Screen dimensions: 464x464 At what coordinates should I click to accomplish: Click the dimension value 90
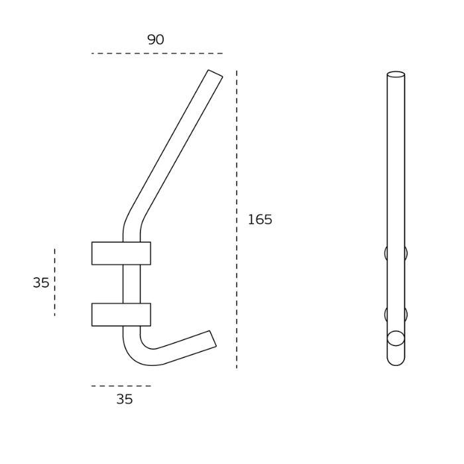(155, 40)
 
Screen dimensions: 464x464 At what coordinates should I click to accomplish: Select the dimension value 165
(260, 219)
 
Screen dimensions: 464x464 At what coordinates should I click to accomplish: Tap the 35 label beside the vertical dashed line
(40, 282)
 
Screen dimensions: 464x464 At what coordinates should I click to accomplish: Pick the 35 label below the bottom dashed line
(125, 399)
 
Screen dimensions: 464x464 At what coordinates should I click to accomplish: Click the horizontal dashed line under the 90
(157, 53)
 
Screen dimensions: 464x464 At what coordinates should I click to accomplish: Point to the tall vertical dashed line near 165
(237, 219)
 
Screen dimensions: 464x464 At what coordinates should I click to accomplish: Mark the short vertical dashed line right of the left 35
(54, 282)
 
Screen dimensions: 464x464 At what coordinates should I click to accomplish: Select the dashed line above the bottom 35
(121, 386)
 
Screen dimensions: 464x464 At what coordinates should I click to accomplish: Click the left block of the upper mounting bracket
(107, 253)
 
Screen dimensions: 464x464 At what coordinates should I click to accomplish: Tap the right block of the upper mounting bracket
(146, 253)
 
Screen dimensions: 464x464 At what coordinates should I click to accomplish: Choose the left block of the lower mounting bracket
(107, 314)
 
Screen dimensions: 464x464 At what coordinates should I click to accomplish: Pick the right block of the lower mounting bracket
(146, 314)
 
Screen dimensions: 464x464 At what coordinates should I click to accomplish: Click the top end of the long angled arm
(215, 74)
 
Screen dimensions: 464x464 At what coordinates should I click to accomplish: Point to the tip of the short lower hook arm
(212, 339)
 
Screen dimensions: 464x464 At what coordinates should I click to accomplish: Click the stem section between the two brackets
(132, 284)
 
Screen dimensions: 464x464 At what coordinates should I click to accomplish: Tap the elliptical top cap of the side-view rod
(396, 75)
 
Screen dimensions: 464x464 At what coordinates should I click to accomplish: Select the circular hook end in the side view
(396, 338)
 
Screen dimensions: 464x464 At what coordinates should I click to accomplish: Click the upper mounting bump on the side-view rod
(396, 253)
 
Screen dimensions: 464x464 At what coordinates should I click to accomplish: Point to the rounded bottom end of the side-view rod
(396, 360)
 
